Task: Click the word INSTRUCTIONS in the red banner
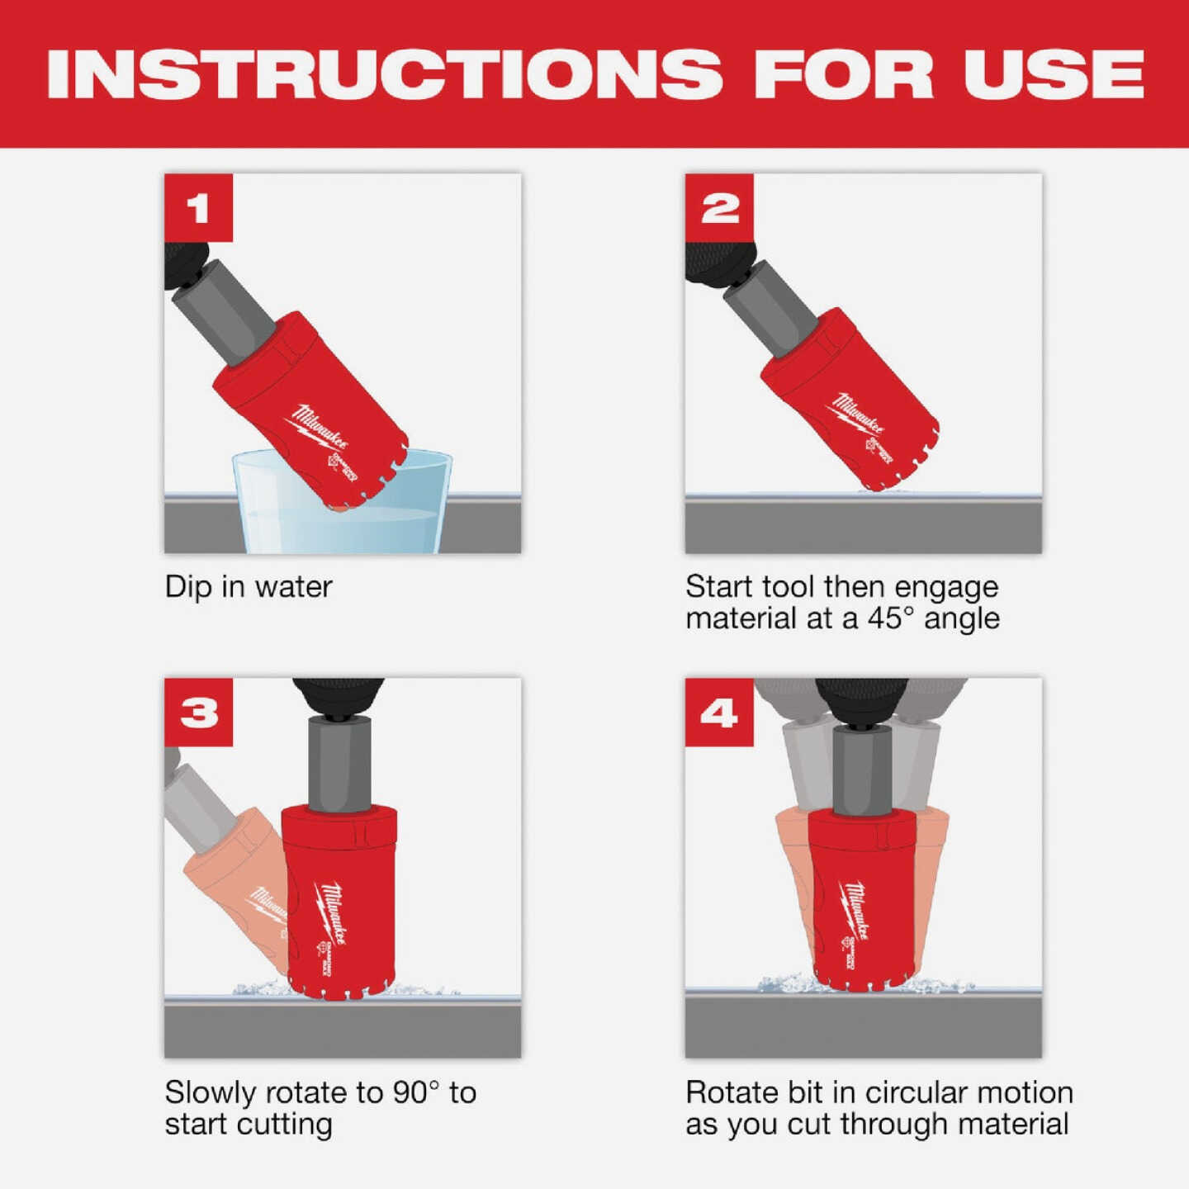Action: [x=385, y=74]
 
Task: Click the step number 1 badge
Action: [x=198, y=207]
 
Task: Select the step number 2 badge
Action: [x=719, y=207]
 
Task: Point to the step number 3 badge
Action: [x=198, y=713]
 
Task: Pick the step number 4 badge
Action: [x=719, y=713]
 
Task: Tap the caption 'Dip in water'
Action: [x=248, y=587]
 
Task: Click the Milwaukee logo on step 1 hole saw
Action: [x=320, y=429]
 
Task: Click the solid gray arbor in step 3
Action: [x=339, y=764]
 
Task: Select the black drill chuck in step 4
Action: [x=861, y=701]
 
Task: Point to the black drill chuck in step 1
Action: [x=182, y=264]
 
